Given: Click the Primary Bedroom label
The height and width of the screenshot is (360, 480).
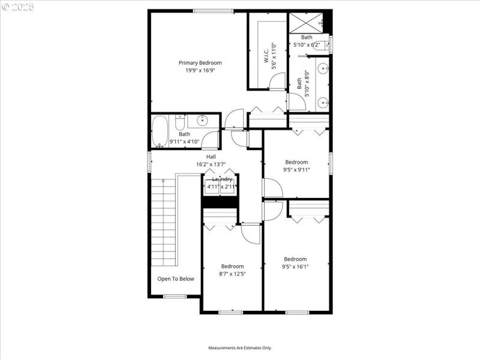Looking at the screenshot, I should tap(200, 62).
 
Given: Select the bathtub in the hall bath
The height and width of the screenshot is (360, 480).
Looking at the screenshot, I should tap(160, 131).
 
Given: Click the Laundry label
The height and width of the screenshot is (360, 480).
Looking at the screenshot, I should tap(221, 179).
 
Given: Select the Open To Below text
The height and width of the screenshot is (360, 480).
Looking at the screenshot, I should tap(176, 278).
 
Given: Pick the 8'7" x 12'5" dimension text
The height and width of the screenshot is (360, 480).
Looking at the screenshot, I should tap(232, 274).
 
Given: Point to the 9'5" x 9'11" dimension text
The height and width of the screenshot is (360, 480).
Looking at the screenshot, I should tap(296, 169).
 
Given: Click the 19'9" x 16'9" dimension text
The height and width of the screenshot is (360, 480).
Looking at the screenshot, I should tap(200, 70).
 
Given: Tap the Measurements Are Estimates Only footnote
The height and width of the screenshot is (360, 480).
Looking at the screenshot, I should tap(240, 348).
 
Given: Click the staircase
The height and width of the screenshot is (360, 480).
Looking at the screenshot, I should tap(163, 222).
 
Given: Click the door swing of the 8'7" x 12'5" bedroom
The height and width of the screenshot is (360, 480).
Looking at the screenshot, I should tap(251, 233).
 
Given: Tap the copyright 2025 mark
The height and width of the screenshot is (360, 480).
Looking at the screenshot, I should tap(18, 7).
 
